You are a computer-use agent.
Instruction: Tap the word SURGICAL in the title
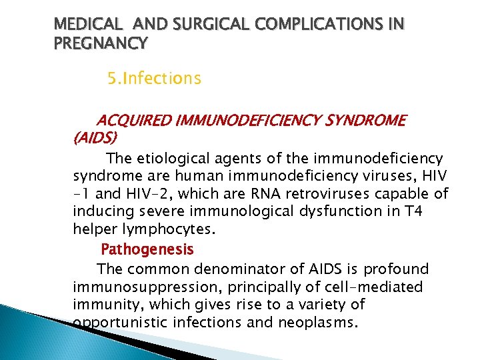pyautogui.click(x=199, y=25)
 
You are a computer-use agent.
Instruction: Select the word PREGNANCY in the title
pyautogui.click(x=101, y=44)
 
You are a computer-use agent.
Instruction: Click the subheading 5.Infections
pyautogui.click(x=154, y=79)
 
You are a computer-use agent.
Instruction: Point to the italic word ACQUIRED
pyautogui.click(x=136, y=121)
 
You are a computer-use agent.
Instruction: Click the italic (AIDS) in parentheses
pyautogui.click(x=95, y=138)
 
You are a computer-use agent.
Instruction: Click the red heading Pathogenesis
pyautogui.click(x=147, y=250)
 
